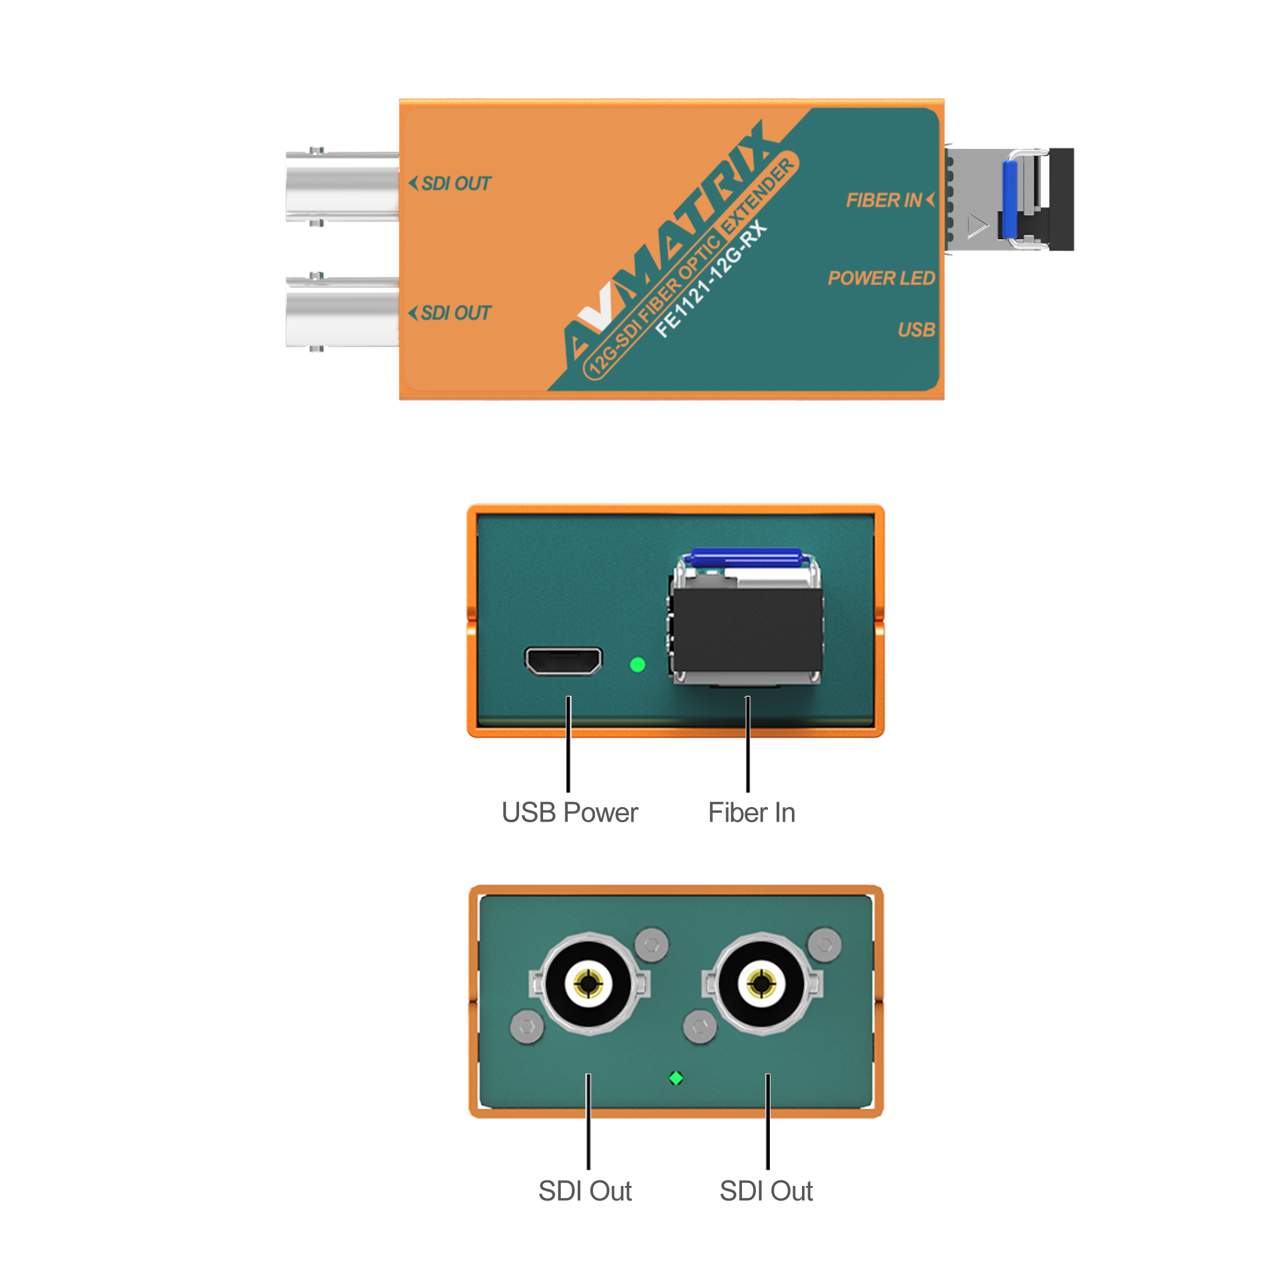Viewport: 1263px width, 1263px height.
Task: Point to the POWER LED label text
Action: pyautogui.click(x=880, y=278)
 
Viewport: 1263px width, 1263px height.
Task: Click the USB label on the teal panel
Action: pyautogui.click(x=916, y=330)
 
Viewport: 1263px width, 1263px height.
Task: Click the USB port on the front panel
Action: pyautogui.click(x=563, y=661)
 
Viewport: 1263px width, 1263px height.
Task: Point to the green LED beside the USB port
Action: pyautogui.click(x=637, y=665)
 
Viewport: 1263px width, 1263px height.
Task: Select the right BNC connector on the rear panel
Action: pyautogui.click(x=762, y=983)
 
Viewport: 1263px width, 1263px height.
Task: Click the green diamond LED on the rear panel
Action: pyautogui.click(x=676, y=1078)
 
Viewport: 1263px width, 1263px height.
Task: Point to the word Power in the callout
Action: pyautogui.click(x=601, y=813)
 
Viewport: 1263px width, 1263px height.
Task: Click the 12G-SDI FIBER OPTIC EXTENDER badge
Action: pyautogui.click(x=690, y=267)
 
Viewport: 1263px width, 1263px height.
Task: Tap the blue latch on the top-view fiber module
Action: pyautogui.click(x=1010, y=189)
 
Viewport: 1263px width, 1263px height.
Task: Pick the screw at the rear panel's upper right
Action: pyautogui.click(x=824, y=945)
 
